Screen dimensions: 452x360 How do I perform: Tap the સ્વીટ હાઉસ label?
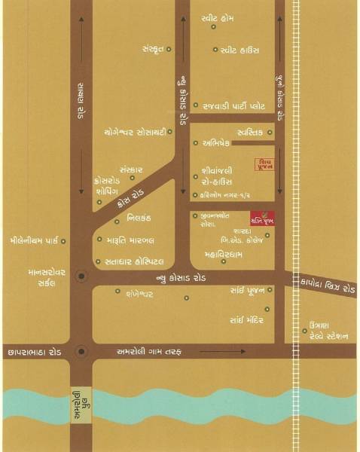tap(240, 50)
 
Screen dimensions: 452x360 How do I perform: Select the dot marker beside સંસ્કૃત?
tap(169, 50)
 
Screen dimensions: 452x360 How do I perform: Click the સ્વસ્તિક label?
tap(249, 132)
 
